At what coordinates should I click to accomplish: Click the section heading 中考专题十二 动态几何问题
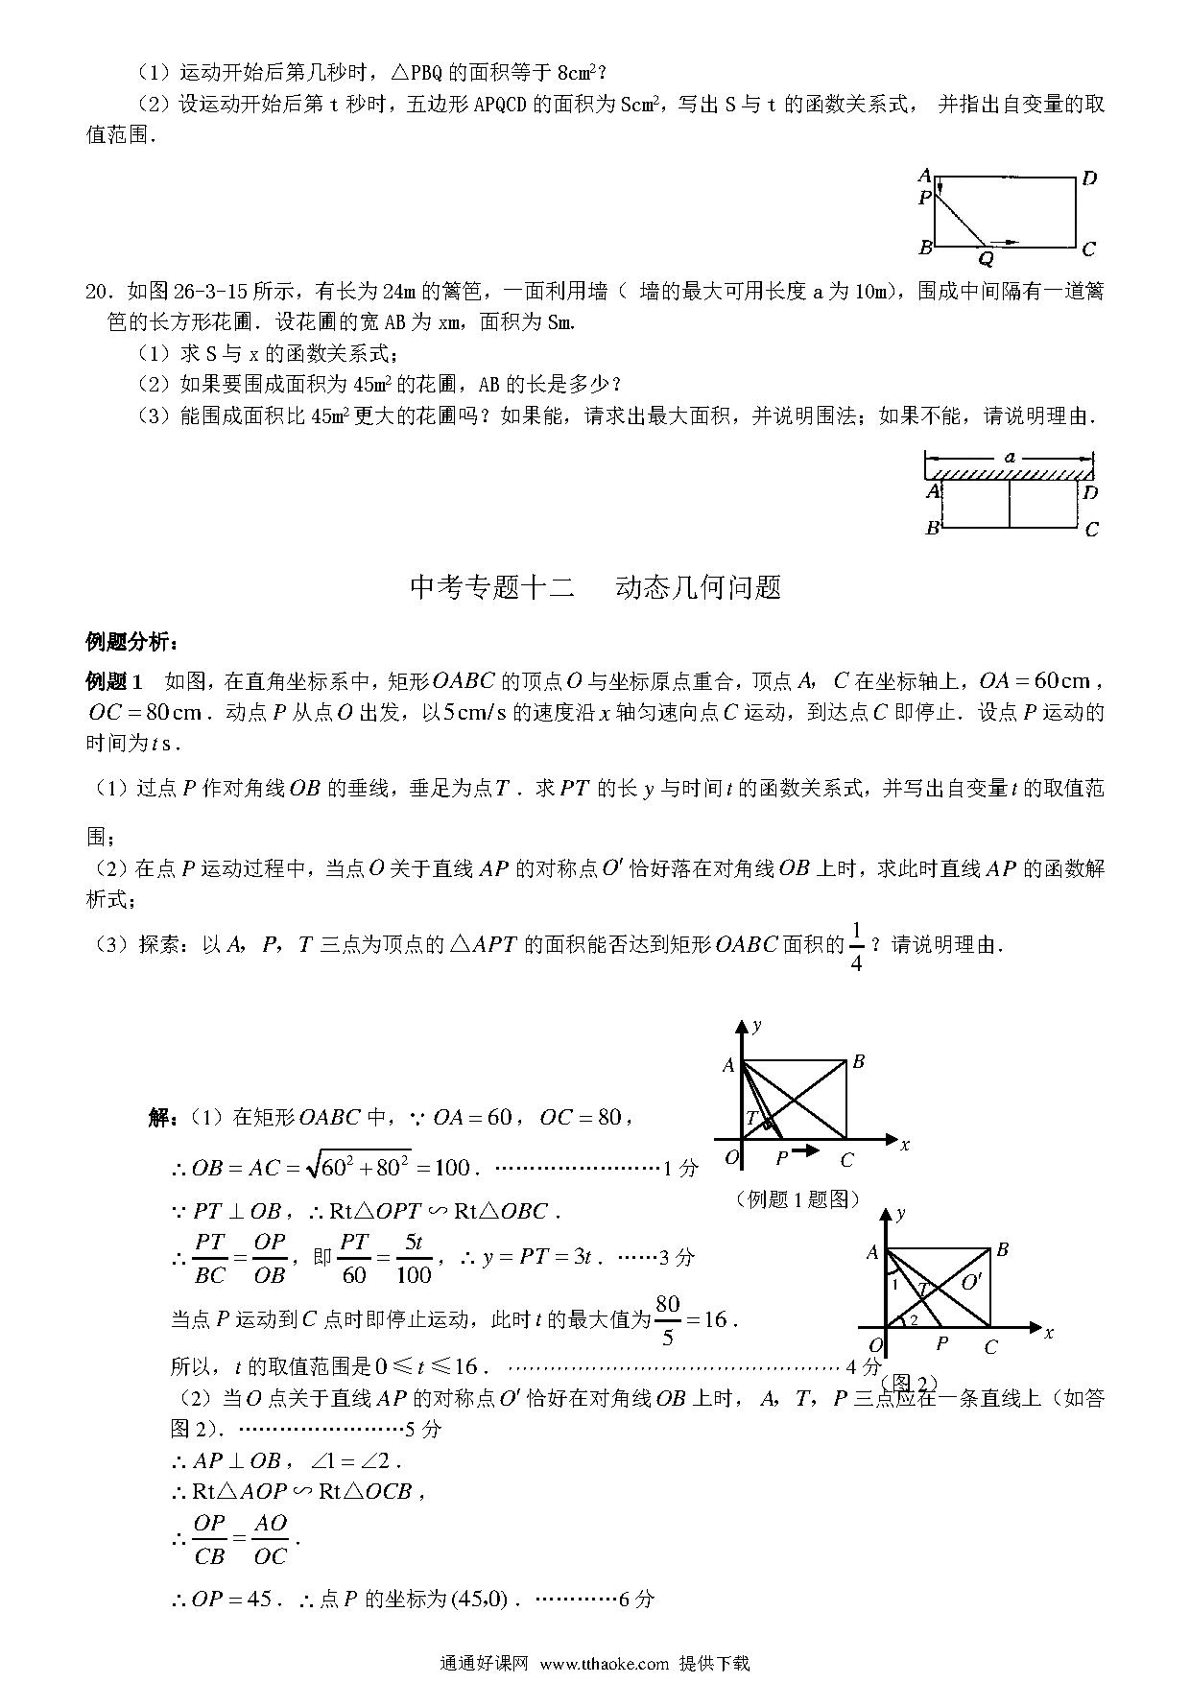[x=595, y=587]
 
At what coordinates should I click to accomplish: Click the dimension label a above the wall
[x=1010, y=458]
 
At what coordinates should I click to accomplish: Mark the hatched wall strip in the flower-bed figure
[x=1010, y=473]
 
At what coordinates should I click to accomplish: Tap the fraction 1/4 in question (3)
[x=856, y=946]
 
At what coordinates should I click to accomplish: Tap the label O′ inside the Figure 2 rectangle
[x=971, y=1282]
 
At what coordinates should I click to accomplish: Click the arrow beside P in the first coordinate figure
[x=807, y=1150]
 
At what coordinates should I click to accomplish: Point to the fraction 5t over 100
[x=413, y=1258]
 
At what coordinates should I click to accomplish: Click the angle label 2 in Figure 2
[x=913, y=1320]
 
